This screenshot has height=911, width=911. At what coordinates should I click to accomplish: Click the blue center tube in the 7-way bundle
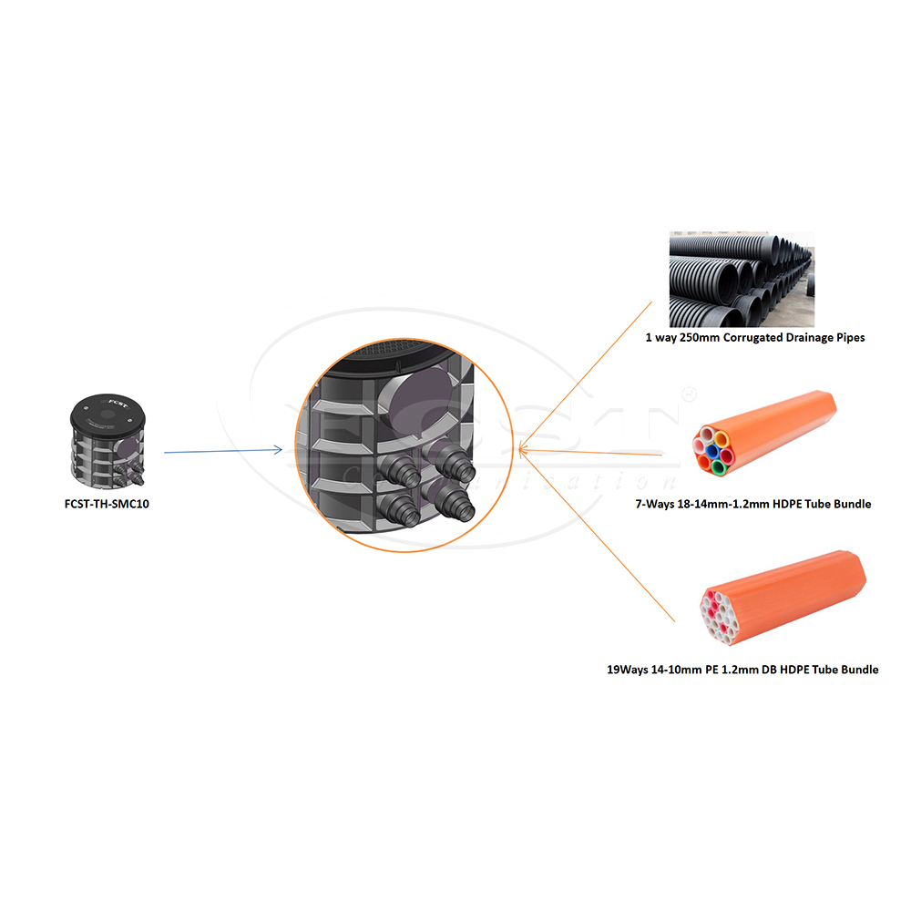tap(715, 453)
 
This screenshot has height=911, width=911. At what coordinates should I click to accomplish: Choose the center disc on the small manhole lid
tap(107, 411)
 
